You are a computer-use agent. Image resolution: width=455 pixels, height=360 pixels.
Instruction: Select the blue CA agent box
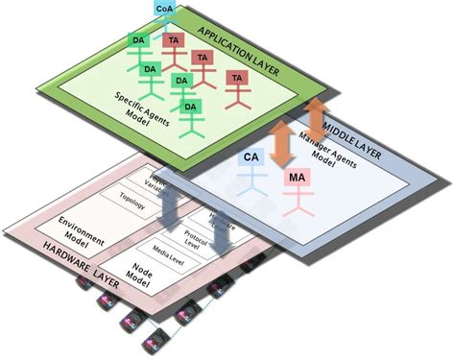(x=251, y=156)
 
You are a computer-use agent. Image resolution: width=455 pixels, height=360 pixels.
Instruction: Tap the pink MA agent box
(x=298, y=178)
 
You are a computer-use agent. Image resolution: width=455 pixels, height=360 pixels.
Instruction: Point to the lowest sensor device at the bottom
(x=152, y=341)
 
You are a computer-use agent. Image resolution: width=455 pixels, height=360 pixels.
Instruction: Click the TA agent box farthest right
(x=236, y=77)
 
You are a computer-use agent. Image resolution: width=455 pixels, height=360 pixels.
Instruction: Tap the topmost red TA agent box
(x=173, y=41)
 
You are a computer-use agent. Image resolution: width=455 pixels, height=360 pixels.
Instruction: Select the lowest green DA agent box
(x=190, y=106)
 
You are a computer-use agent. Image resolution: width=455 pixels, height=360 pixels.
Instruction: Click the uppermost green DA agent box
(x=138, y=39)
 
